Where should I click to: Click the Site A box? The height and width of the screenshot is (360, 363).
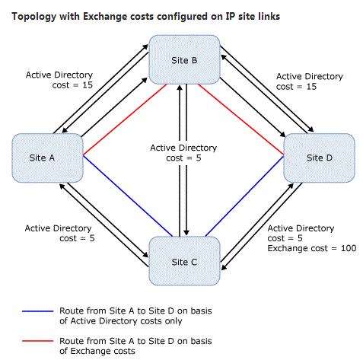coord(48,158)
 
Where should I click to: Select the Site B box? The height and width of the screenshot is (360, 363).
coord(184,60)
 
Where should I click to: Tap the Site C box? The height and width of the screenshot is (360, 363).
coord(184,261)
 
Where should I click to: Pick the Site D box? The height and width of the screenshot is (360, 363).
coord(319,158)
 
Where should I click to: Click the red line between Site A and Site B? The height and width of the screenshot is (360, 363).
coord(125,119)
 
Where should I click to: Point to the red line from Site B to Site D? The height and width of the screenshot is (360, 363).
coord(240,119)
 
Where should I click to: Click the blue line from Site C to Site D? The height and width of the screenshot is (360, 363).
coord(244,196)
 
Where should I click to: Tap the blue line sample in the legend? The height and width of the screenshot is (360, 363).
coord(38,311)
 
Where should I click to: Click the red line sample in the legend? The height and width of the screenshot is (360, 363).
coord(38,341)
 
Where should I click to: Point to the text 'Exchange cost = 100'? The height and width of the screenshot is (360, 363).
coord(312,248)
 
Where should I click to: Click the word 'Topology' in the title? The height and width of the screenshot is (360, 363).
coord(34,17)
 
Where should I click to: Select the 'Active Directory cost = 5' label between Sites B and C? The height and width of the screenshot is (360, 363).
coord(183,153)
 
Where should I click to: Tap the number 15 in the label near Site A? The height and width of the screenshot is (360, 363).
coord(88,85)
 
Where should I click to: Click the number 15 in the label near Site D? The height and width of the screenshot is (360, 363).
coord(311,87)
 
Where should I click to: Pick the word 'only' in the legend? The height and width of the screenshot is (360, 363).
coord(174,321)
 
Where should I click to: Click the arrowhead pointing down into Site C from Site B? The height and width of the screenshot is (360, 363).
coord(186,233)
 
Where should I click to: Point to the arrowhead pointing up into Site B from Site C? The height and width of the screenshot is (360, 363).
coord(180,88)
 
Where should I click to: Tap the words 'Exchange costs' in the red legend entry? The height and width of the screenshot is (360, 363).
coord(103,351)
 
